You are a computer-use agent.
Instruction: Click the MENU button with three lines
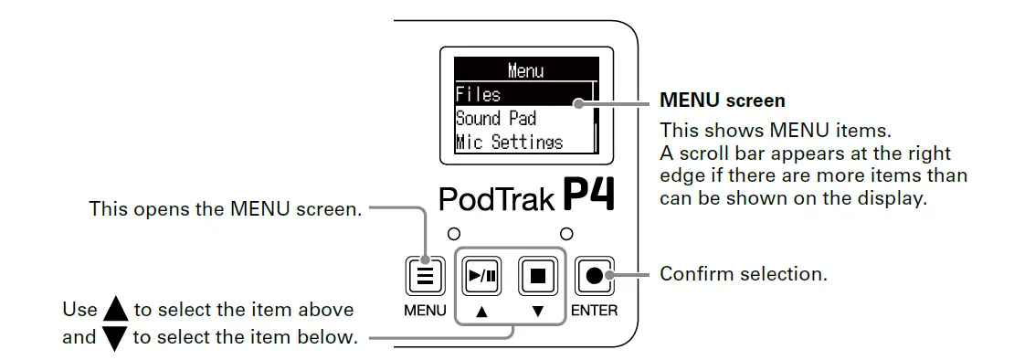click(424, 274)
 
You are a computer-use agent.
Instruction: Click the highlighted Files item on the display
click(479, 94)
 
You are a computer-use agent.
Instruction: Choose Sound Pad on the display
click(496, 118)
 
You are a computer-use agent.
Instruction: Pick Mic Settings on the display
click(510, 143)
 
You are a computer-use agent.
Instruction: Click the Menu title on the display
click(524, 70)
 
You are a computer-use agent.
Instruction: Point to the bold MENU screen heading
click(723, 100)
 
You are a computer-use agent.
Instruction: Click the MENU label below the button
click(425, 311)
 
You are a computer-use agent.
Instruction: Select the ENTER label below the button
click(594, 311)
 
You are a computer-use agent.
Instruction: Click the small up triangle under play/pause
click(481, 312)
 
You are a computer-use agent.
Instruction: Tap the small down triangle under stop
click(537, 312)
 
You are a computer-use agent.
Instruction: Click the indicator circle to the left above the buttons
click(453, 232)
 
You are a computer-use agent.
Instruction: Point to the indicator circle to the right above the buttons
click(566, 232)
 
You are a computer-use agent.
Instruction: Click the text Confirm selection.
click(744, 273)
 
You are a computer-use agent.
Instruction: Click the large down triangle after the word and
click(115, 338)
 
